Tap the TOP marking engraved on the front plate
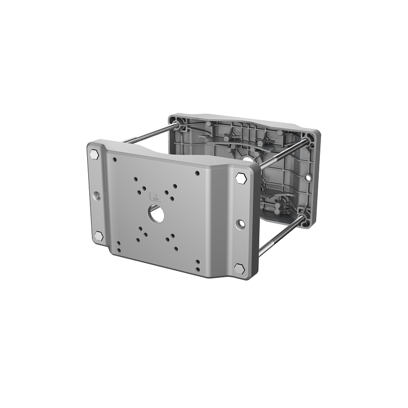point(155,195)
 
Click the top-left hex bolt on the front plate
point(95,154)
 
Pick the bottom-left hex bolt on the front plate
point(98,235)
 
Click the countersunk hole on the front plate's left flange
point(97,196)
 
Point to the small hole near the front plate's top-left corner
point(113,158)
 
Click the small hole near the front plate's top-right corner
point(198,173)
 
